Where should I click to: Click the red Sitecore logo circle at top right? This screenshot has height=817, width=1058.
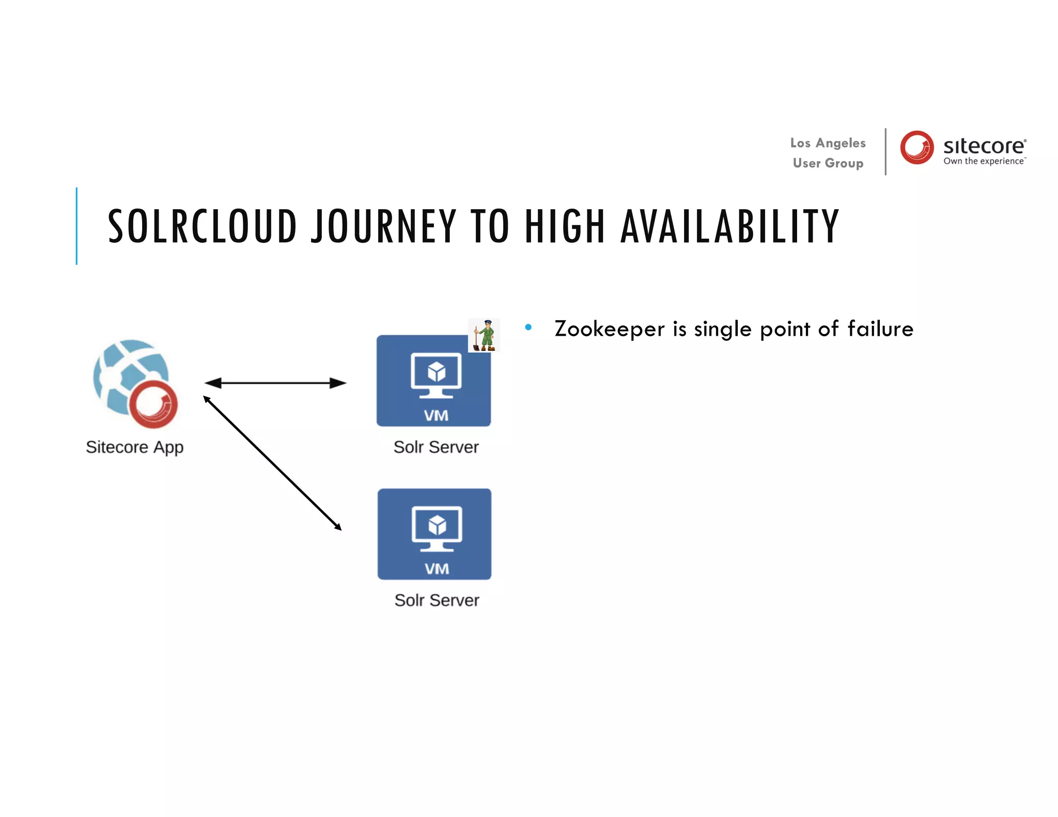(x=916, y=147)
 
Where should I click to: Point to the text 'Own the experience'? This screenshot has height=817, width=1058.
(x=984, y=161)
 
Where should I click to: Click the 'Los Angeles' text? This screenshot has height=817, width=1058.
(x=828, y=143)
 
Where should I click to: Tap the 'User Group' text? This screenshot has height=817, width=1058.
(x=828, y=163)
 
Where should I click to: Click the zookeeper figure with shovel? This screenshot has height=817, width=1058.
(x=484, y=335)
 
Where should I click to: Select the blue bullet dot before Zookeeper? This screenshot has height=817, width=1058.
(x=528, y=327)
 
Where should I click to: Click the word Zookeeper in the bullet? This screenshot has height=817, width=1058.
(x=609, y=329)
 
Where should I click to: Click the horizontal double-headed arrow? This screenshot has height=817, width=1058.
(x=275, y=383)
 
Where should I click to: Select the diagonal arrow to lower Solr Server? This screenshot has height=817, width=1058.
(x=272, y=463)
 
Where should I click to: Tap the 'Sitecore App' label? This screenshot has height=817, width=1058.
(x=134, y=447)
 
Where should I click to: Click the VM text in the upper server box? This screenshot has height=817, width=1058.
(x=436, y=416)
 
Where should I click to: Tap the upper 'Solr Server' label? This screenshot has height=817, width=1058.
(x=436, y=447)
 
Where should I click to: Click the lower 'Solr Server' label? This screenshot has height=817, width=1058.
(x=437, y=600)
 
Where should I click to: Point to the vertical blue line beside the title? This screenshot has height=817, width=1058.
(x=76, y=226)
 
